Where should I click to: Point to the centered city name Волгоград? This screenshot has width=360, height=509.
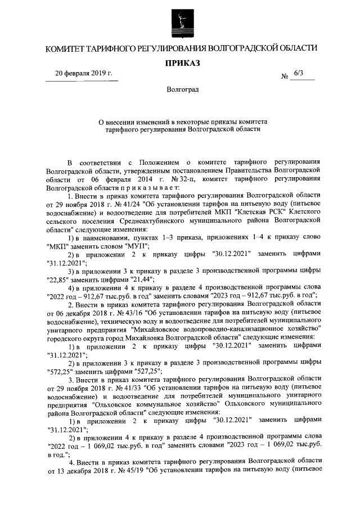[182, 90]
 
